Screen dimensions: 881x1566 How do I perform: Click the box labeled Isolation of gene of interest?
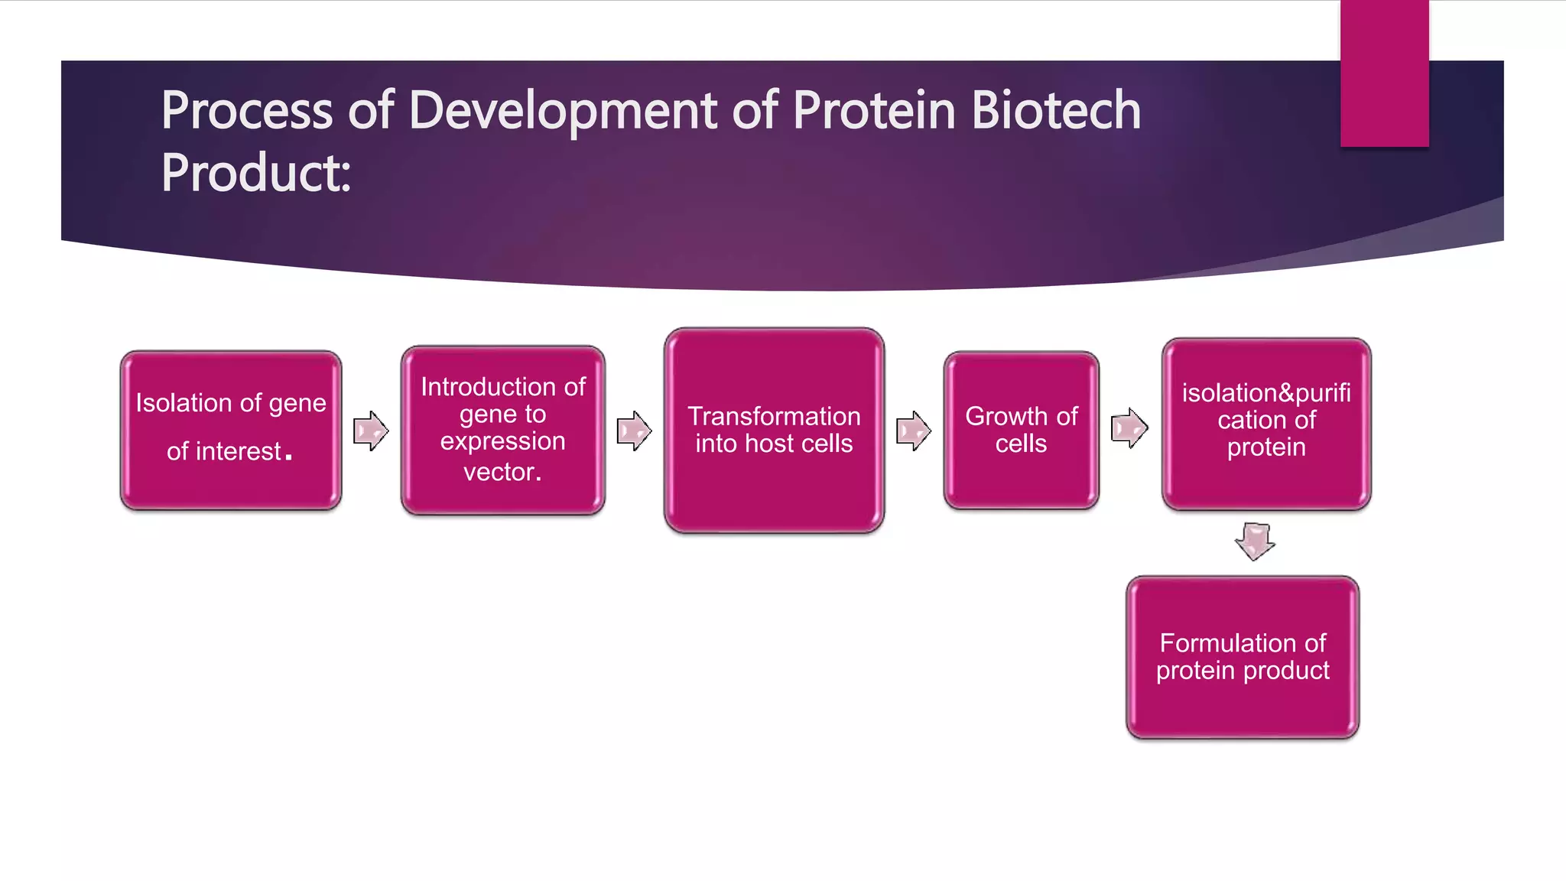[230, 430]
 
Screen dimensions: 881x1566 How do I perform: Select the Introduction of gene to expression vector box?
[502, 430]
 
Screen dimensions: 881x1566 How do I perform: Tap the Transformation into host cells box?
[774, 431]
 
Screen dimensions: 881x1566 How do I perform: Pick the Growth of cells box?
[1021, 430]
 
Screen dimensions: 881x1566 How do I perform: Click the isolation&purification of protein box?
[1266, 424]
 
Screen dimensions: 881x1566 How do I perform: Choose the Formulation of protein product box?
[1243, 657]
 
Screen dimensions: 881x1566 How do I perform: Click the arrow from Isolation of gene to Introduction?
[371, 431]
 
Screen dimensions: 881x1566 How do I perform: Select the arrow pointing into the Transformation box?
[634, 431]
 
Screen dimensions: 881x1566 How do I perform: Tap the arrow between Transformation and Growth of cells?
[913, 431]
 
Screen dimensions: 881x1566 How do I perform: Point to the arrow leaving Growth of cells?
[1129, 427]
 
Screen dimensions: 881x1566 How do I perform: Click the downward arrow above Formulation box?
[1255, 541]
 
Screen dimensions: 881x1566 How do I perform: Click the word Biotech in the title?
[1056, 110]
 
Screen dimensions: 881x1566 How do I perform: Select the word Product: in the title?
[255, 173]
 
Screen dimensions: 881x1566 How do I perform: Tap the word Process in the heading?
[246, 110]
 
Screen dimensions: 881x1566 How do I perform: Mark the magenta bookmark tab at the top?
[1384, 73]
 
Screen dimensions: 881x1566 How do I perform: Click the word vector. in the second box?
[502, 472]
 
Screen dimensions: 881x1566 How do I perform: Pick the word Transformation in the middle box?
[774, 416]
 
